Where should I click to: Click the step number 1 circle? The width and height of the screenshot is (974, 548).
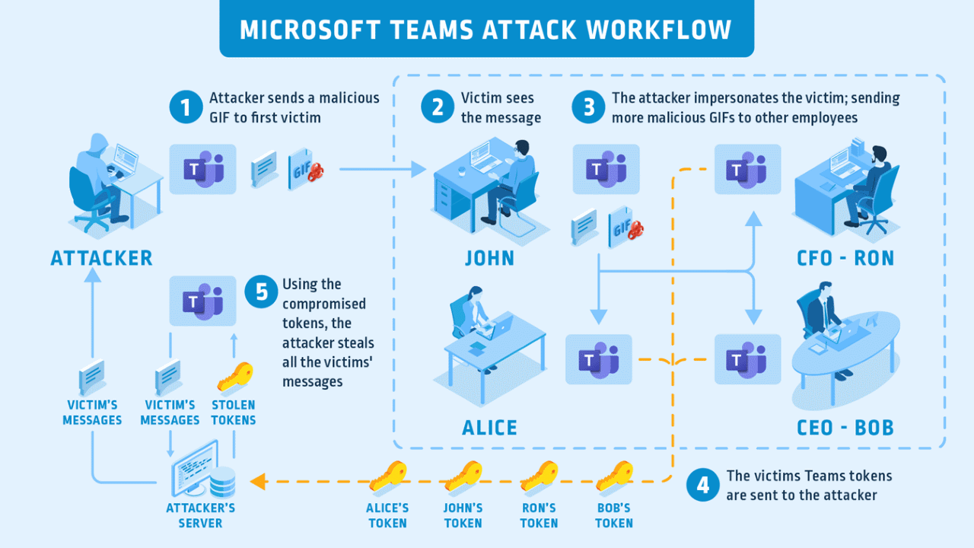(x=183, y=107)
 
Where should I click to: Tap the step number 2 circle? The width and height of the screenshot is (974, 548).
(x=438, y=107)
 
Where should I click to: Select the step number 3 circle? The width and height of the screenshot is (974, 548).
(x=588, y=107)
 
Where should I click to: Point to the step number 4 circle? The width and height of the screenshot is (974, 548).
(x=702, y=486)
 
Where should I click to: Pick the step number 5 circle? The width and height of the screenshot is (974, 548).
(x=262, y=292)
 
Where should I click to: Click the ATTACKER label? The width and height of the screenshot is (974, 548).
(x=102, y=258)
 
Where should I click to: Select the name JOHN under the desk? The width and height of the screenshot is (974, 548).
(x=490, y=258)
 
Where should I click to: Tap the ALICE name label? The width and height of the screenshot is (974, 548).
(x=490, y=428)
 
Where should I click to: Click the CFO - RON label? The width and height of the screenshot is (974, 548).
(x=845, y=258)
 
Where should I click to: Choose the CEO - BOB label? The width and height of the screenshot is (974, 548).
(x=844, y=427)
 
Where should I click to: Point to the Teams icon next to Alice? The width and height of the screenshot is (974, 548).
(x=599, y=358)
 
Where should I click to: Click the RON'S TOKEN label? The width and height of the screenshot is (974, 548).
(x=540, y=515)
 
